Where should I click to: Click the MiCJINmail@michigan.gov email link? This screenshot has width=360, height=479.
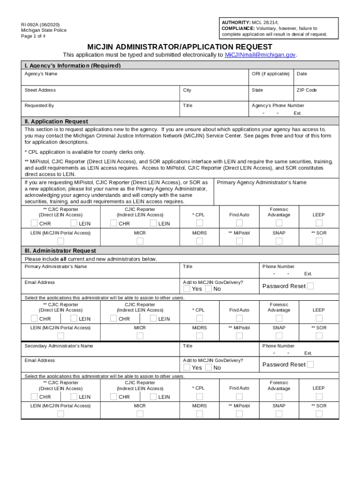(260, 55)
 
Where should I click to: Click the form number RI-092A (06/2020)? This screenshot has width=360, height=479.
(40, 24)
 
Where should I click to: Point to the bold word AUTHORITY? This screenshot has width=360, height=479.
(236, 22)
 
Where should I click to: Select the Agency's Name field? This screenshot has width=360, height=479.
(136, 80)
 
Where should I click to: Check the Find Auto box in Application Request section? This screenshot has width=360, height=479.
(239, 223)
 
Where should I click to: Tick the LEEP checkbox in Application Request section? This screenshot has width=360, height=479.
(319, 223)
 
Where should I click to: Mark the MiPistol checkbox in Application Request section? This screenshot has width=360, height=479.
(239, 241)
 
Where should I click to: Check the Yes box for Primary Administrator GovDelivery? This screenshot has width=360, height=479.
(187, 289)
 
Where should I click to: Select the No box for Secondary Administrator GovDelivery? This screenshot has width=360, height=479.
(209, 367)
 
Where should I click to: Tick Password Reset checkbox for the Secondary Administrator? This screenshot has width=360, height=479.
(310, 364)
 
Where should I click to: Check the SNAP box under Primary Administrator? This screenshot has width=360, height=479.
(279, 336)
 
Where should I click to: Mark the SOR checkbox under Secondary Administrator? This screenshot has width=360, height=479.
(319, 414)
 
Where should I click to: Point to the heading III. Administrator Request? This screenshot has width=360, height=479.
(60, 251)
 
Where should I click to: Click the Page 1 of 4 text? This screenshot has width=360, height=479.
(33, 36)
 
